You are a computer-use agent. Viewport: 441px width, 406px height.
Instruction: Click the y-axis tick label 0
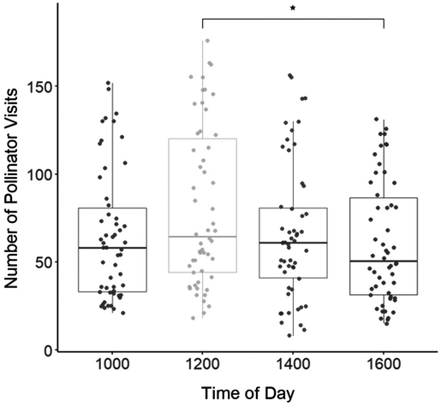[x=49, y=350]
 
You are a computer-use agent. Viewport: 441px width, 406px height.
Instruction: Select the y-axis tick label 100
[x=40, y=174]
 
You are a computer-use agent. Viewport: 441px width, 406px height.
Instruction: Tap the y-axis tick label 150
[x=40, y=86]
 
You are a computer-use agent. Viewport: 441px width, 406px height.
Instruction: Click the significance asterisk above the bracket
[x=293, y=9]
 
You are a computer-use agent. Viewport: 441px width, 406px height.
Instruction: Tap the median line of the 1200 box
[x=202, y=237]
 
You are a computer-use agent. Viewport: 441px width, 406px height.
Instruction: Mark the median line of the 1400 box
[x=293, y=243]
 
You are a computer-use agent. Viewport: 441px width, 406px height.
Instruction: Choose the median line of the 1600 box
[x=384, y=261]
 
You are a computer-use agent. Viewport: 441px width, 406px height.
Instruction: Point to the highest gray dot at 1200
[x=206, y=40]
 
